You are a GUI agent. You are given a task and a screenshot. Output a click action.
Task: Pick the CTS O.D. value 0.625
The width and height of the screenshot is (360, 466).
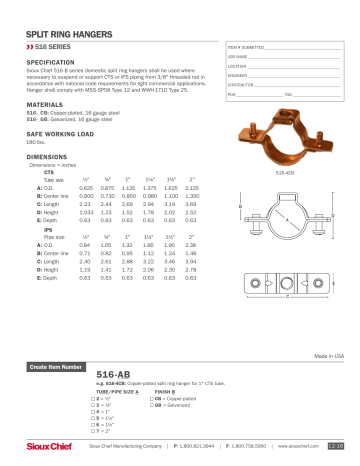tap(85, 187)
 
